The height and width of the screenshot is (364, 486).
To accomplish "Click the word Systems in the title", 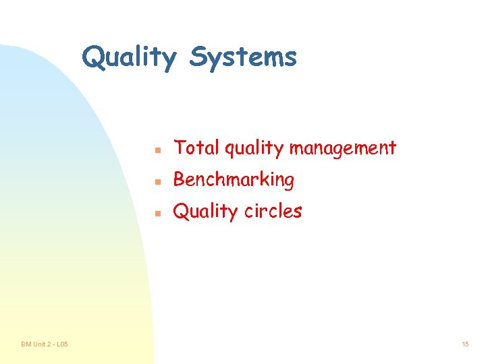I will [243, 58].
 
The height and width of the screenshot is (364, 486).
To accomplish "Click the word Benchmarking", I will [234, 179].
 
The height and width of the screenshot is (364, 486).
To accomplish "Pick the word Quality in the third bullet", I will [204, 212].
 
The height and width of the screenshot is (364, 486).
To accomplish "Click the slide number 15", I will [465, 344].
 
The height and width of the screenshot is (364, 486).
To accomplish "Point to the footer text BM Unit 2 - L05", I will [44, 344].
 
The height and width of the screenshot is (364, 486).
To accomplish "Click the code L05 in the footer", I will [61, 344].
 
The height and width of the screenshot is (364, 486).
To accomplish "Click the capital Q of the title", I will [93, 58].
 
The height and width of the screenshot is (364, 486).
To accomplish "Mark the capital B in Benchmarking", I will [179, 179].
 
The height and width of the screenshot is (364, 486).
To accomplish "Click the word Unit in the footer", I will [38, 344].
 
